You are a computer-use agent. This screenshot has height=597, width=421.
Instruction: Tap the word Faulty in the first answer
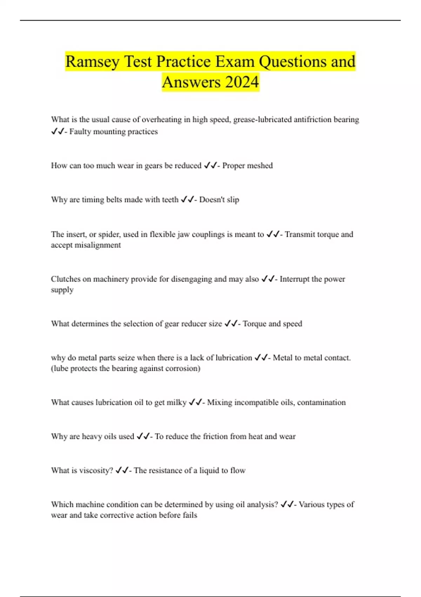(80, 132)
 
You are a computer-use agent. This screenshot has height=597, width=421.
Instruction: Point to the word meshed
(260, 166)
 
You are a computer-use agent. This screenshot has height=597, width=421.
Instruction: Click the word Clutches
(66, 279)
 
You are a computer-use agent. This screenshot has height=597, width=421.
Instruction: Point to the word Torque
(254, 324)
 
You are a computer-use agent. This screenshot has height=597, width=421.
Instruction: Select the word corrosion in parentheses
(183, 368)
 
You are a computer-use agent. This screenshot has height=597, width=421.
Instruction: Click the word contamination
(321, 402)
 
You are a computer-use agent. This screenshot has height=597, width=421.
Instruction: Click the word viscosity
(96, 471)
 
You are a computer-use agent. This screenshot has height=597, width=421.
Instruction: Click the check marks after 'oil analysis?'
(287, 505)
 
